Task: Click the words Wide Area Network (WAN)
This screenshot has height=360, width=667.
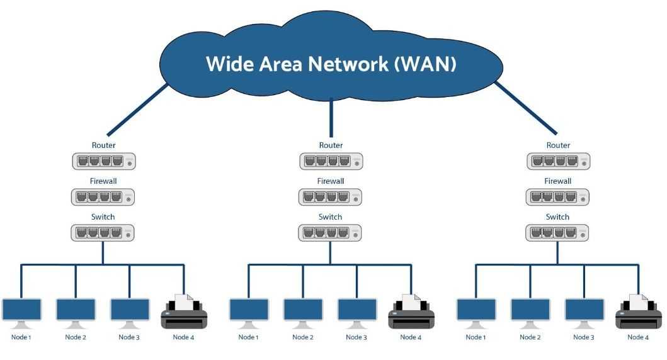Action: pyautogui.click(x=331, y=64)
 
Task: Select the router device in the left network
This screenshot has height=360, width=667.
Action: pyautogui.click(x=103, y=161)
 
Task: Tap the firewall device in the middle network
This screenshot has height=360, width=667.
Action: pyautogui.click(x=331, y=197)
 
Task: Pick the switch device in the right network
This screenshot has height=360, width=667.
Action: pyautogui.click(x=558, y=233)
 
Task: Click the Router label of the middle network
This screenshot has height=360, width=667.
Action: pyautogui.click(x=331, y=145)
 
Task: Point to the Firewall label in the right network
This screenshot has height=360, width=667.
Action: pyautogui.click(x=558, y=181)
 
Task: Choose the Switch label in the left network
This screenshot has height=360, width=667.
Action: pyautogui.click(x=103, y=217)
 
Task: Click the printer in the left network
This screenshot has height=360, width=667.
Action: pyautogui.click(x=184, y=312)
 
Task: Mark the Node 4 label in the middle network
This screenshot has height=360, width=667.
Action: pyautogui.click(x=411, y=337)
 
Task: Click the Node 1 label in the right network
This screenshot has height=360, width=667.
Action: pyautogui.click(x=476, y=337)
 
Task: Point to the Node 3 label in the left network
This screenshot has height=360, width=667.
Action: pyautogui.click(x=129, y=337)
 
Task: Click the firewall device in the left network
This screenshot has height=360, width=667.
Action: pyautogui.click(x=103, y=197)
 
